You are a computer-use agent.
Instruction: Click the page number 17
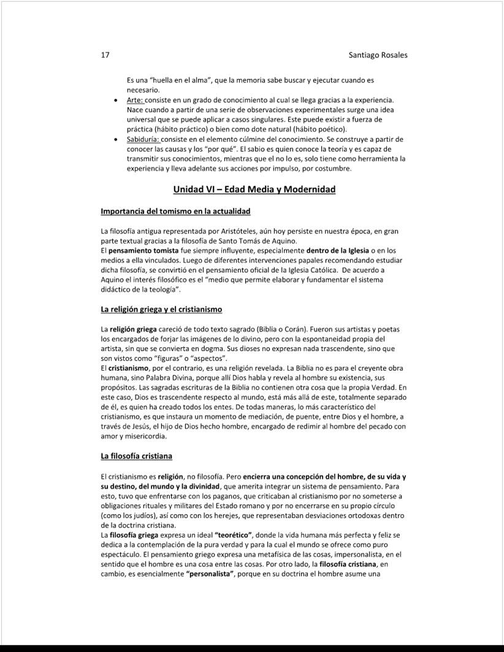coord(105,55)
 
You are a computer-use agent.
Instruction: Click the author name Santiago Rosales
coord(378,55)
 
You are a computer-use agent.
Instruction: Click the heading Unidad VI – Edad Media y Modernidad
coord(254,189)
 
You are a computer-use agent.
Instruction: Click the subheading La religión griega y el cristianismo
coord(161,308)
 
